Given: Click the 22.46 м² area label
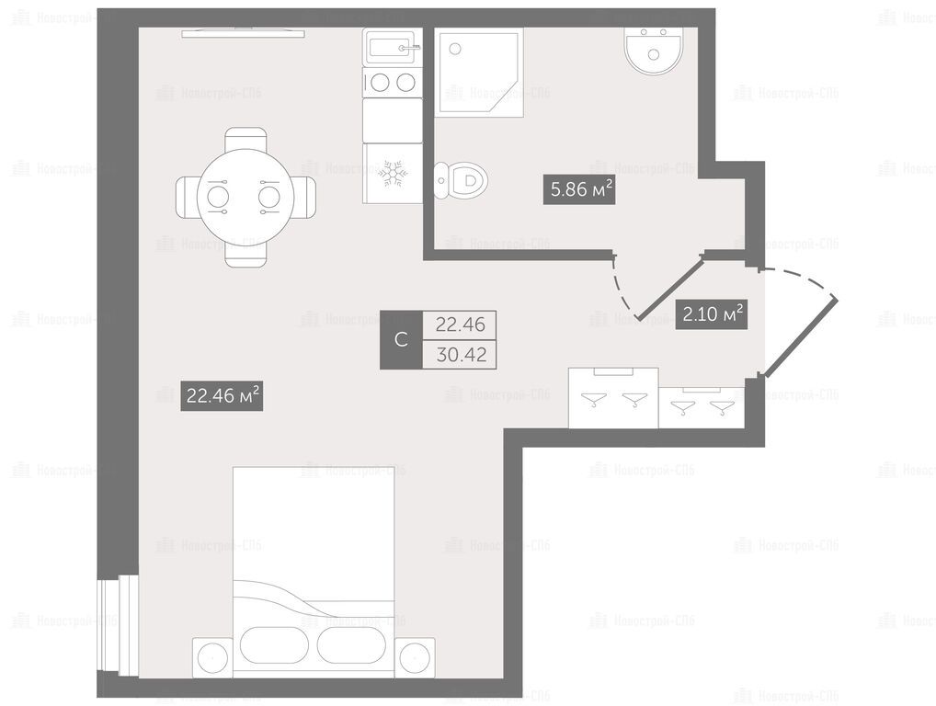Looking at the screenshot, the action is pos(223,395).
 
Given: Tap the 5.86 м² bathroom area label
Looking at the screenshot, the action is pos(579,189).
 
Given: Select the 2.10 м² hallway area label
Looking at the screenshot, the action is pos(712,313).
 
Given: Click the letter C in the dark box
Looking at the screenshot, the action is pos(401,339).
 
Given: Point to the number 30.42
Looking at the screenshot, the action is pos(461,355).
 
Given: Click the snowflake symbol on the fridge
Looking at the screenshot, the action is pos(393,173).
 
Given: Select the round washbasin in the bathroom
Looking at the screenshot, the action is pos(654,51).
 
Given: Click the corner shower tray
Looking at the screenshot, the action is pos(481,72).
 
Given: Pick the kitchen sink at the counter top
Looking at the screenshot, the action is pos(393,47).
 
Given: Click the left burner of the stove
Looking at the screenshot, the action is pos(381,82).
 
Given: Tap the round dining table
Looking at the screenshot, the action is pos(245,197).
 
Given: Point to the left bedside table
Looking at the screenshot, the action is pos(212,657).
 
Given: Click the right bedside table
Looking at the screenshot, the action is pos(415,657).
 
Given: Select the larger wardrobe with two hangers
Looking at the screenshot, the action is pos(613,398).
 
